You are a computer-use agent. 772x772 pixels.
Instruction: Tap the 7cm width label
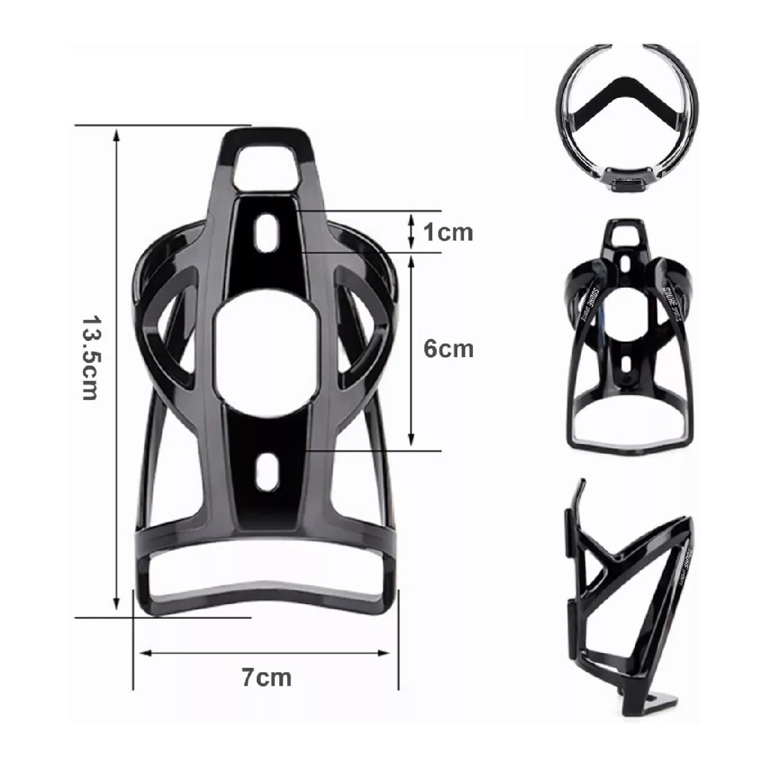pyautogui.click(x=266, y=677)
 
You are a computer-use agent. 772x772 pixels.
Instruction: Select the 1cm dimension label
pyautogui.click(x=448, y=232)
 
